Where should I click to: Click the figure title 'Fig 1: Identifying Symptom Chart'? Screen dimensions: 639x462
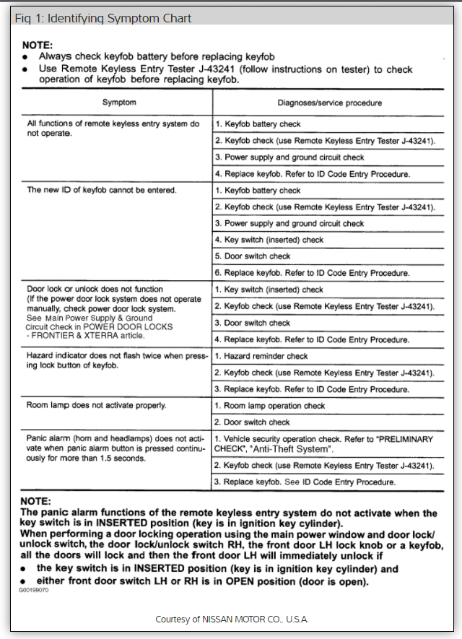103,18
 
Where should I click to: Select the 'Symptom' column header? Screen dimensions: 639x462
119,103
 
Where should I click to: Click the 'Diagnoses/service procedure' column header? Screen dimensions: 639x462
329,103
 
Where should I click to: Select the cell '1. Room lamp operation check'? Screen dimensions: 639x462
270,406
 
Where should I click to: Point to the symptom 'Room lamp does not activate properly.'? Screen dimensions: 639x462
97,406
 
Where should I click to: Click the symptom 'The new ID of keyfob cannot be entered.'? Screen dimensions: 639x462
102,191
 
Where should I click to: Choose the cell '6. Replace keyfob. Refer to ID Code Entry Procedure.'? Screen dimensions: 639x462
313,273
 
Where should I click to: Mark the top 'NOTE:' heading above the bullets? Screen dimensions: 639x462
38,44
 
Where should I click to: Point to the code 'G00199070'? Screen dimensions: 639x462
35,590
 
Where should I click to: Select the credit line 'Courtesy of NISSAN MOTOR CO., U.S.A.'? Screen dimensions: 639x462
231,619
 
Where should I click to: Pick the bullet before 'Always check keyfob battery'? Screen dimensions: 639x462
26,56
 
